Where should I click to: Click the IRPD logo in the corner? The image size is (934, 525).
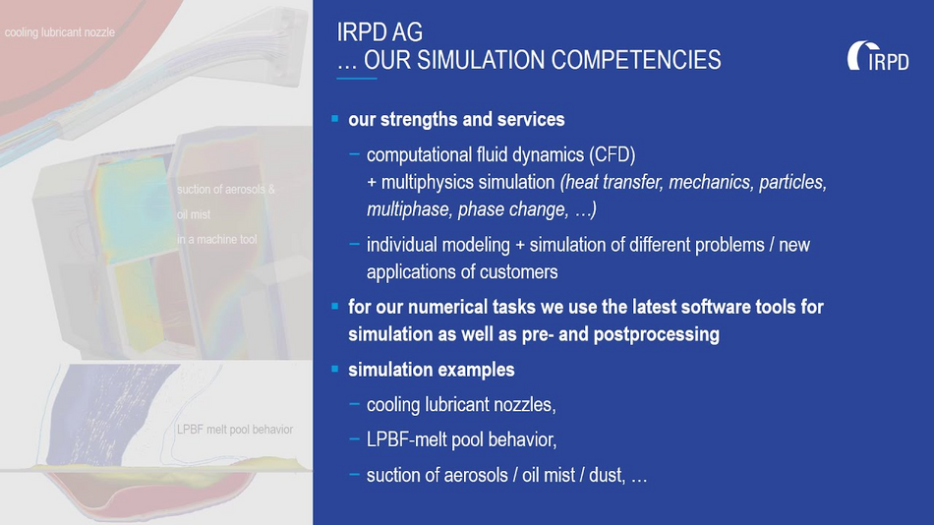[x=878, y=56]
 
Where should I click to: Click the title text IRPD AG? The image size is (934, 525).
[x=379, y=32]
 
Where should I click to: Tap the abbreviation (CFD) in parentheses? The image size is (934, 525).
[x=613, y=155]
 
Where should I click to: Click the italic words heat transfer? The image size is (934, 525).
[x=613, y=182]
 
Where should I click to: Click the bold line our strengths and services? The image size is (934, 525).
[x=456, y=119]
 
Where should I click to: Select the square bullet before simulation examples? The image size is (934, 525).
[x=334, y=369]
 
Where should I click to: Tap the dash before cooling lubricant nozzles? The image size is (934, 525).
[x=354, y=404]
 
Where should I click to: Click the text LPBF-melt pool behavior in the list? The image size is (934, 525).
[x=462, y=439]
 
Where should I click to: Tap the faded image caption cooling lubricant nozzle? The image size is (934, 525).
[x=60, y=32]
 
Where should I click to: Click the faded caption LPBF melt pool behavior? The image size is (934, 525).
[x=235, y=430]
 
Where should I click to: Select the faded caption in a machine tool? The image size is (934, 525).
[x=217, y=240]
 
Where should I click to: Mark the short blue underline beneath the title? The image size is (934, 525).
[x=357, y=78]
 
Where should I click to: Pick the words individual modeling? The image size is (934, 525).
[x=438, y=245]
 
